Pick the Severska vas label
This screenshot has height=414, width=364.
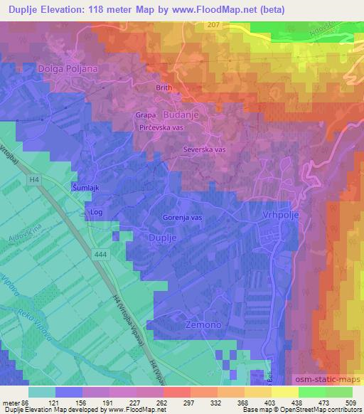tap(205, 150)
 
